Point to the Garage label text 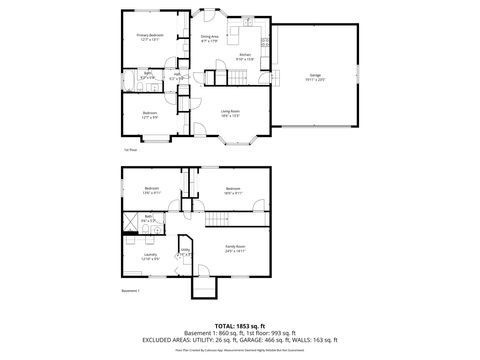tap(315, 76)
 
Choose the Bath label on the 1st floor tap(147, 74)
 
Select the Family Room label tap(233, 248)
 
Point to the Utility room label tap(184, 253)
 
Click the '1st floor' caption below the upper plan tap(129, 150)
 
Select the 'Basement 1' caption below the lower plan tap(131, 291)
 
